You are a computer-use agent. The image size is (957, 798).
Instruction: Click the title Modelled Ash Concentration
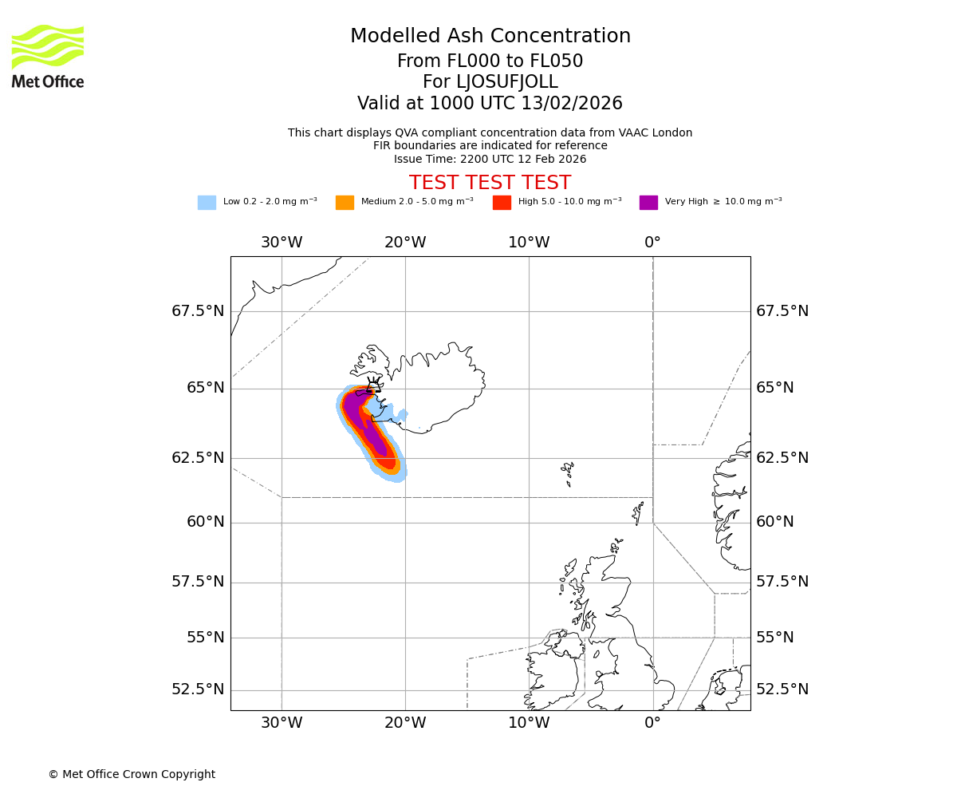(x=490, y=37)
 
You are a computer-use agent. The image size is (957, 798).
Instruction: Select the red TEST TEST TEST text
(x=490, y=183)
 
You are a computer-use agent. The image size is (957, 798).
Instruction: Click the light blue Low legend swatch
(x=207, y=203)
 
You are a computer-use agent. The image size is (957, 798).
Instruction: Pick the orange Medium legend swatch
(x=345, y=203)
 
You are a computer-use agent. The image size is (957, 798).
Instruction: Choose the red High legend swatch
(x=502, y=203)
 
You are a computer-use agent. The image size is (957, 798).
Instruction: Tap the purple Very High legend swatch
(x=648, y=203)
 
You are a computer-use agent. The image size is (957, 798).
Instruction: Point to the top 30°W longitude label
(x=282, y=243)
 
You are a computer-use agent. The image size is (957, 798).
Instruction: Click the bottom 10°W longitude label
(x=529, y=723)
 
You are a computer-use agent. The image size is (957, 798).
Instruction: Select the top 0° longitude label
(x=652, y=243)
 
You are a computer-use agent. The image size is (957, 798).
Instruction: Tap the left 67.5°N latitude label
(x=198, y=311)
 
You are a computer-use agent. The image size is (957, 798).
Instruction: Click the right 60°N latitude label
(x=775, y=522)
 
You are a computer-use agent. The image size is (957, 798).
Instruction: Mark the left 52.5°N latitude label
(x=198, y=689)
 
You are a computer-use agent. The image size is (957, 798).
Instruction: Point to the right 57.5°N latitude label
(x=782, y=582)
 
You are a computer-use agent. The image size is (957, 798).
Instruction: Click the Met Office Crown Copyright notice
(x=132, y=774)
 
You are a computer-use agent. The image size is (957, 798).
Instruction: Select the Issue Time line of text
(x=490, y=159)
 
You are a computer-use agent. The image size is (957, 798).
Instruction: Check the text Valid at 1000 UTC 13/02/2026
(x=490, y=104)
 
